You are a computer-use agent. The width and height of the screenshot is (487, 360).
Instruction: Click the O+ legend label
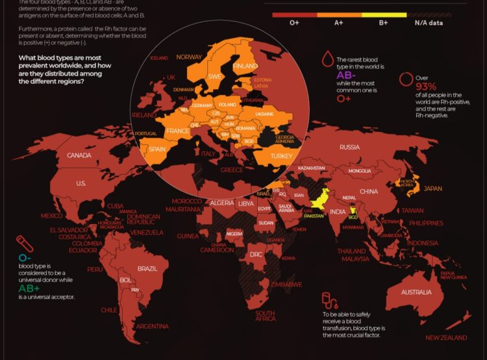click(294, 23)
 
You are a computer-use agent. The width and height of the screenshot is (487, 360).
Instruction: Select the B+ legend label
click(384, 23)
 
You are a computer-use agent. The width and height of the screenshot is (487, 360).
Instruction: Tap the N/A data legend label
click(429, 23)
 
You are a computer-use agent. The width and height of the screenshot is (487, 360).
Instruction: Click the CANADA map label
click(79, 155)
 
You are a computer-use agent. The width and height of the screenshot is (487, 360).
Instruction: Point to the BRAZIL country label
click(148, 268)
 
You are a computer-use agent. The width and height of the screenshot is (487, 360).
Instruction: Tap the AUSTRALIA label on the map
click(416, 292)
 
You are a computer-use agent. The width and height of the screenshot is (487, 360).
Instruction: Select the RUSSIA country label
click(349, 148)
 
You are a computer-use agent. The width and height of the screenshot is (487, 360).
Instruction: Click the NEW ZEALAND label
click(446, 338)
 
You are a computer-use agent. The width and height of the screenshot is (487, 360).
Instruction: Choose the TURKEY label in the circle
click(281, 156)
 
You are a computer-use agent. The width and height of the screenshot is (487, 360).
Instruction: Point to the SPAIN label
click(157, 149)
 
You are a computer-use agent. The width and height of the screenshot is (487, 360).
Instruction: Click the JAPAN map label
click(433, 189)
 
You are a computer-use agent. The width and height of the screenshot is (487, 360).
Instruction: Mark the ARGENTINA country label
click(153, 326)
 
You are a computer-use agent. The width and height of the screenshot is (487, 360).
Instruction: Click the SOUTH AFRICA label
click(265, 316)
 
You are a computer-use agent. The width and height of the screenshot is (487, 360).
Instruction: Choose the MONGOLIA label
click(360, 171)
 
